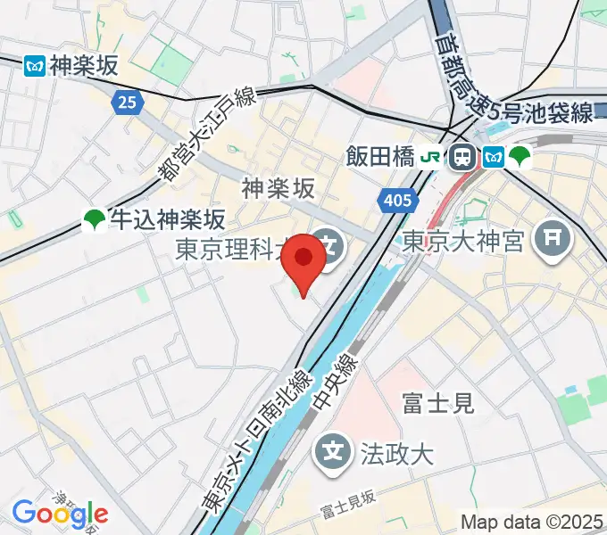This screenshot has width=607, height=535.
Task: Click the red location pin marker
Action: point(303,259)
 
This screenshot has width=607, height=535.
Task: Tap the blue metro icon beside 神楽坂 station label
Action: point(35,65)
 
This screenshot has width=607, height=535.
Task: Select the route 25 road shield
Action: point(128,103)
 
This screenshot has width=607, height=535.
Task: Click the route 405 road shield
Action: point(394,202)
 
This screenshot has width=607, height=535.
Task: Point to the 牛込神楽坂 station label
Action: point(167,219)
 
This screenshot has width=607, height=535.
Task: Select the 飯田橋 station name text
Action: point(379,158)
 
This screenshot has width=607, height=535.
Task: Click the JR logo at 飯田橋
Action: point(431,158)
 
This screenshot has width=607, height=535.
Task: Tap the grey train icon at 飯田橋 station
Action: point(462,158)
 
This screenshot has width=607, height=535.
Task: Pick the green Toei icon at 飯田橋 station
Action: point(520,158)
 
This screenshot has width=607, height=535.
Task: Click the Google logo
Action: point(60,514)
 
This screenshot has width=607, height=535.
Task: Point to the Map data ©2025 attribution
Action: point(532,522)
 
